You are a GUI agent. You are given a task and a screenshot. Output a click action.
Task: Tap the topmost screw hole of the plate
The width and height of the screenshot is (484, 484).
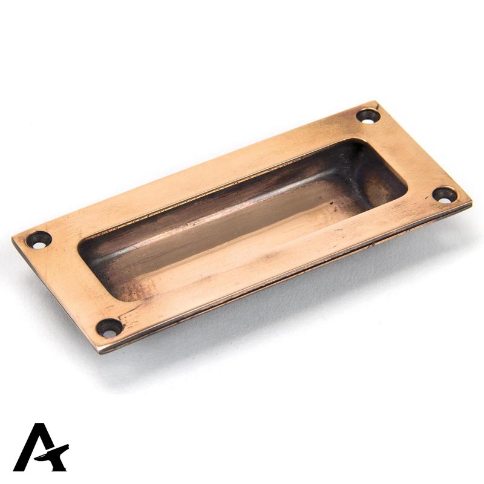(x=367, y=115)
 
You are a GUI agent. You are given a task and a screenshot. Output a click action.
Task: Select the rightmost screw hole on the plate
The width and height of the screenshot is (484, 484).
(x=445, y=194)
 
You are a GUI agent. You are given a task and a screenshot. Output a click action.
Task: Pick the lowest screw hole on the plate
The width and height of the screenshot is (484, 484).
(x=110, y=329)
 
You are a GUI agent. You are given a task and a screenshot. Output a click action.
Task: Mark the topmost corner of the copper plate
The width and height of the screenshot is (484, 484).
(x=376, y=102)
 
